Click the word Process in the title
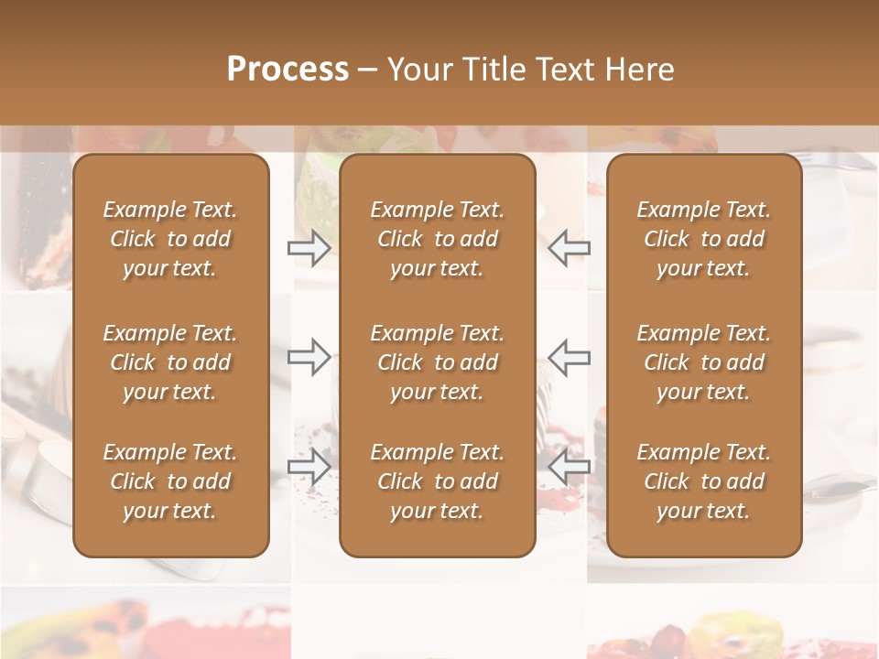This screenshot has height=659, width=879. (288, 70)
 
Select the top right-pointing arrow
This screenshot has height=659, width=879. (309, 247)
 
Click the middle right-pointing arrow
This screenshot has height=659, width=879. (309, 356)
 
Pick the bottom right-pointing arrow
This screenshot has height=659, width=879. (309, 467)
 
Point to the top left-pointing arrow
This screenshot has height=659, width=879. (569, 247)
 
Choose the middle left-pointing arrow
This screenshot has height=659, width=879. (569, 356)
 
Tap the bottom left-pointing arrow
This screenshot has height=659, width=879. (569, 467)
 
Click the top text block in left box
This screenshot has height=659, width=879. (170, 239)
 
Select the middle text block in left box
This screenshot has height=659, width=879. (170, 362)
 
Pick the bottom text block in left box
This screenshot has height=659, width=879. (170, 481)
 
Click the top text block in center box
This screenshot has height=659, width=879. (437, 239)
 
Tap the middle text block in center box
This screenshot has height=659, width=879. (437, 362)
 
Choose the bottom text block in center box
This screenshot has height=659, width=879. (437, 481)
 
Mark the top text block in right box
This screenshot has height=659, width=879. (703, 239)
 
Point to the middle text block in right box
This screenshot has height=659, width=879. (703, 362)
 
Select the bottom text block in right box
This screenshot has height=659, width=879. (703, 481)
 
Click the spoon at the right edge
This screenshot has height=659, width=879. (838, 490)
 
